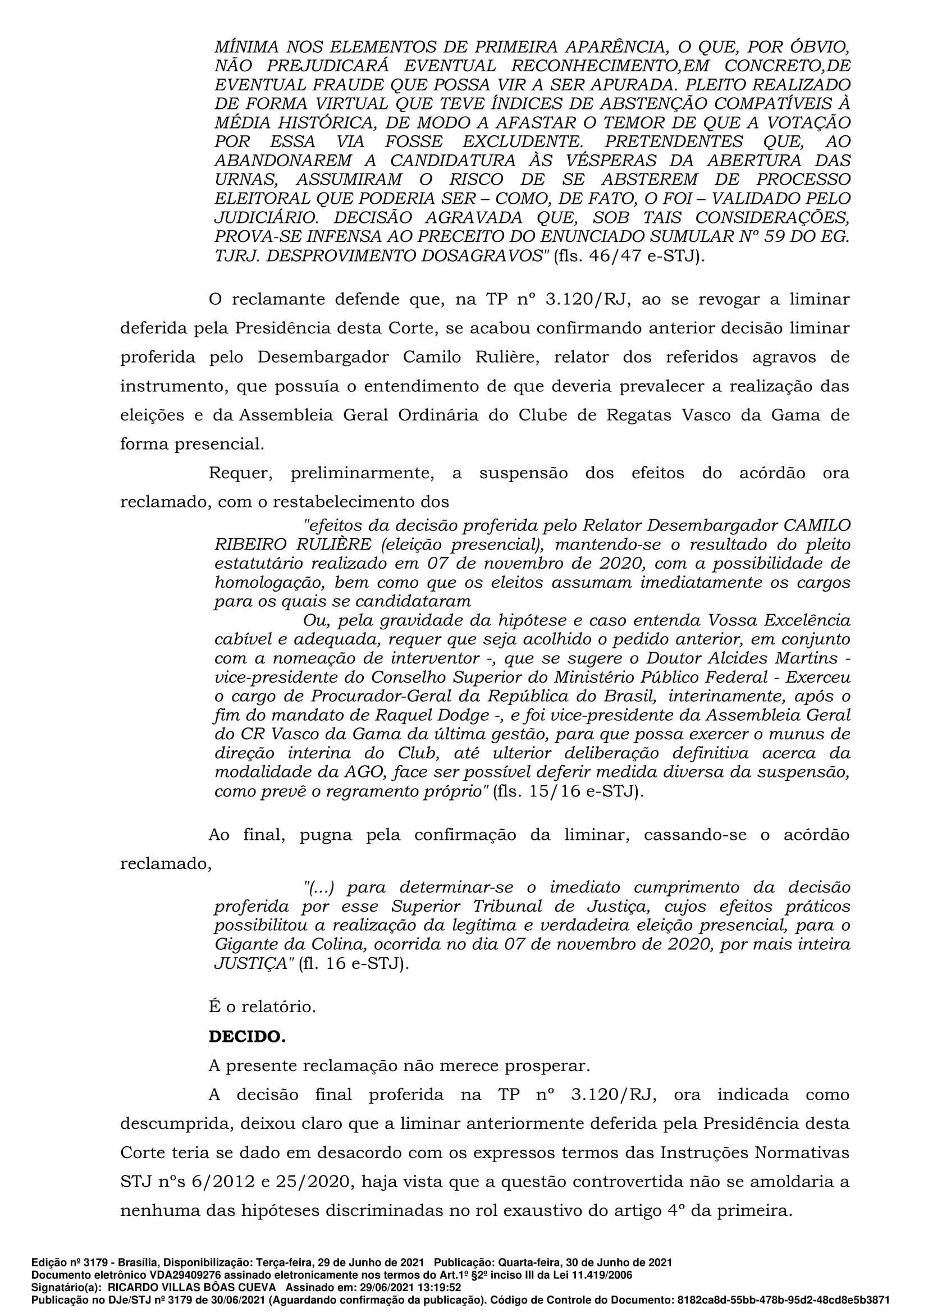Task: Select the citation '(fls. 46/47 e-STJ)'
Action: coord(629,256)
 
